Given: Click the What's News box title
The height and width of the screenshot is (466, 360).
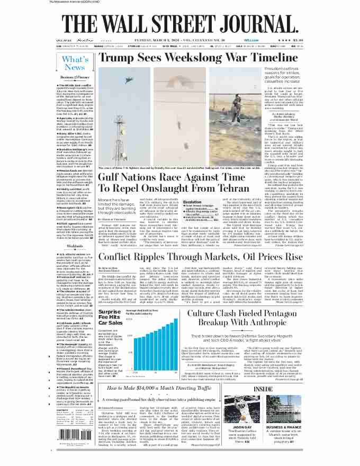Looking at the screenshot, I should point(75,63).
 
